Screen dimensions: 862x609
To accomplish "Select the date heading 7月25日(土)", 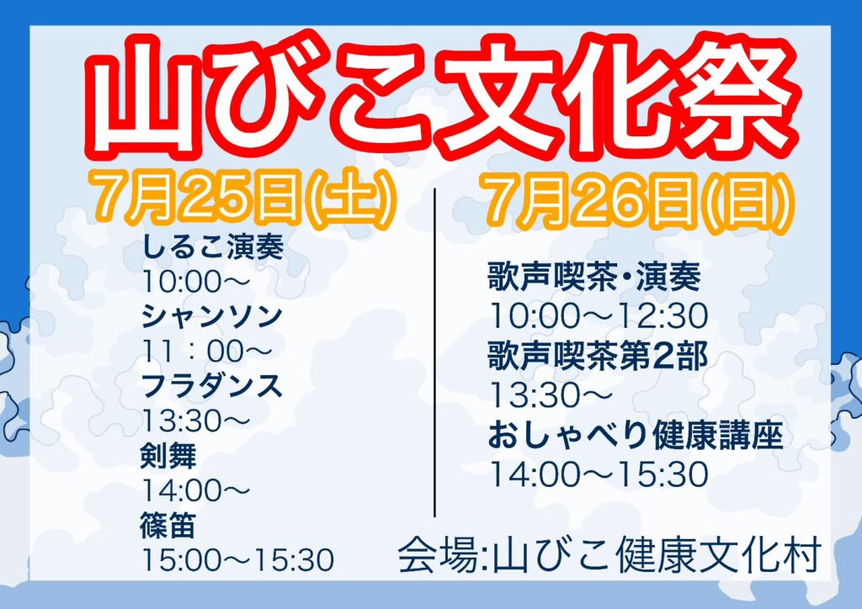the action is click(x=245, y=199).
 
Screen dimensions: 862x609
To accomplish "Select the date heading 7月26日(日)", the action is click(x=638, y=200).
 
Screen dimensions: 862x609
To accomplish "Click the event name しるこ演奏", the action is click(x=213, y=246).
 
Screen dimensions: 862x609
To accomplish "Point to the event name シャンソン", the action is click(x=212, y=317).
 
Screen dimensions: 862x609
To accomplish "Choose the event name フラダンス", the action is click(x=212, y=386).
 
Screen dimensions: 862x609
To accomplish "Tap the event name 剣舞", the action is click(x=168, y=456).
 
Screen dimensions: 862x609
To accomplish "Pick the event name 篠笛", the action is click(x=168, y=526).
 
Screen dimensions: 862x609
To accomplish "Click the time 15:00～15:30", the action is click(x=238, y=560).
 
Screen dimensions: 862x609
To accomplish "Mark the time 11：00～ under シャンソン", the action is click(x=207, y=352).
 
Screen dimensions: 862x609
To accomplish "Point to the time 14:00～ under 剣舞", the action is click(x=196, y=490).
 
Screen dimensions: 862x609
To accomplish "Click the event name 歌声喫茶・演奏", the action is click(x=594, y=277).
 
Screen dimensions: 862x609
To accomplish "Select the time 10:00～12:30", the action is click(x=599, y=316).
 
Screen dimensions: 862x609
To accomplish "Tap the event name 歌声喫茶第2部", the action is click(x=598, y=356).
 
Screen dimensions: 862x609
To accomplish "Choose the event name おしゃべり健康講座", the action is click(x=636, y=436).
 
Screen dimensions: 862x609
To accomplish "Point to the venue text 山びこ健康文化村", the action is click(x=657, y=556).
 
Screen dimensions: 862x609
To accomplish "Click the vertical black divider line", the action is click(x=435, y=352).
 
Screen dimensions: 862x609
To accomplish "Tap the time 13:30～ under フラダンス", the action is click(x=196, y=421).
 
